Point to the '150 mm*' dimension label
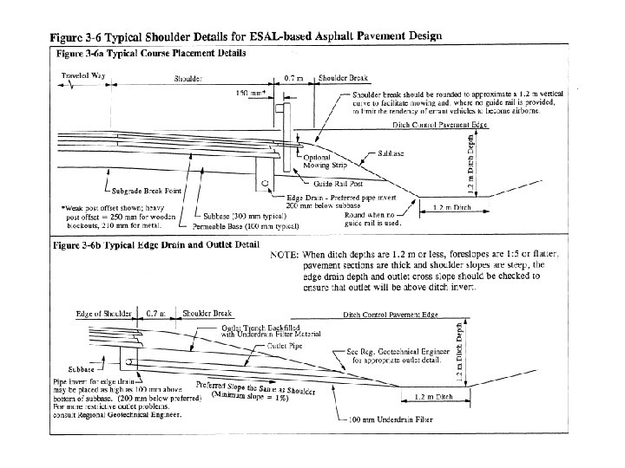(x=251, y=93)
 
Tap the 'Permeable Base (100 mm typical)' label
(x=247, y=226)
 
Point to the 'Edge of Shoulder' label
(x=104, y=311)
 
